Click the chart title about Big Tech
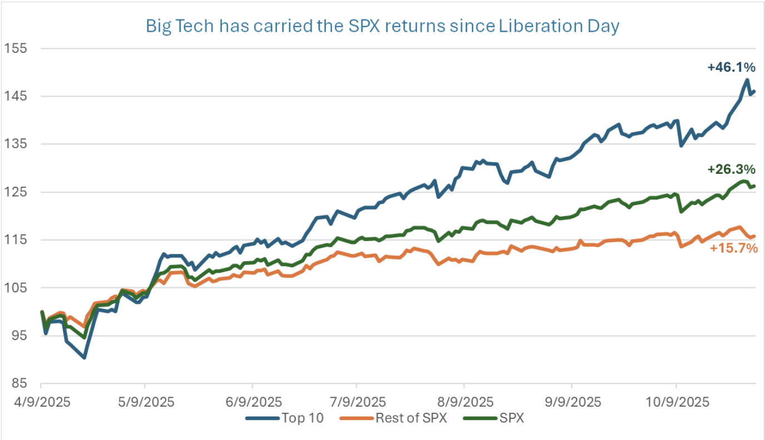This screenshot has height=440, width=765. (382, 26)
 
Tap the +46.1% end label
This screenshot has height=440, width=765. (731, 68)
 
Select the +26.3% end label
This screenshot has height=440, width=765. (731, 169)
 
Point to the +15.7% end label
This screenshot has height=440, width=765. (734, 248)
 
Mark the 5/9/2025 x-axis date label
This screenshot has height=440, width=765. (146, 402)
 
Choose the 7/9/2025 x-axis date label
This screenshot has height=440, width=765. (357, 402)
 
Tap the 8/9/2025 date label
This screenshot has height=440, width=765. (464, 402)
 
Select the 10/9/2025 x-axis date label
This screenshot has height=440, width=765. (676, 402)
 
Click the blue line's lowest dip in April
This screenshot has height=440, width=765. (84, 357)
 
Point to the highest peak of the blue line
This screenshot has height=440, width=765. (747, 80)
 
